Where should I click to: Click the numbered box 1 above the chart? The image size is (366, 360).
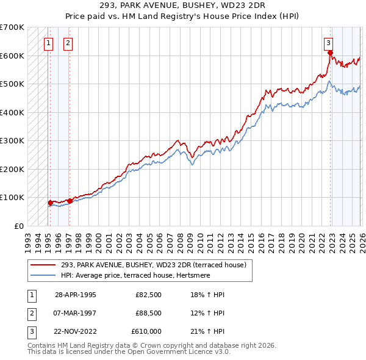click(x=48, y=43)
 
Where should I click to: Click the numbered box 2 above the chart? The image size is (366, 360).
click(x=67, y=43)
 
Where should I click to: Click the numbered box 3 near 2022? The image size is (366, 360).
click(x=328, y=43)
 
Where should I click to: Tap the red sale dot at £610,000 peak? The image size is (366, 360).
click(x=330, y=52)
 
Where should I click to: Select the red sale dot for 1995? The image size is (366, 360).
click(x=50, y=202)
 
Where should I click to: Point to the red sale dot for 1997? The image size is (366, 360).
click(x=70, y=200)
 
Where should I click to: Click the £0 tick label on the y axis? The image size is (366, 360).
click(x=18, y=226)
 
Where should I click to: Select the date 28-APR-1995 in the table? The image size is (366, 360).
click(x=75, y=295)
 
